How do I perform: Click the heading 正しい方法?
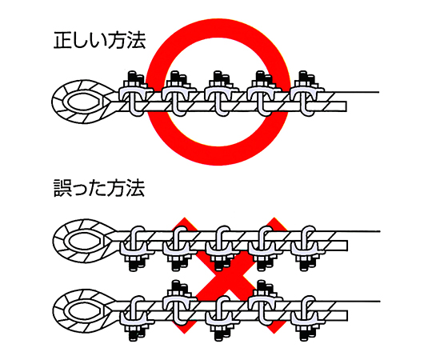tap(99, 41)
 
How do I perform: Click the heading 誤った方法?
tap(99, 189)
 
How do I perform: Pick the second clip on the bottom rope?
tap(179, 302)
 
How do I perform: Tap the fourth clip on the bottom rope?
tap(265, 302)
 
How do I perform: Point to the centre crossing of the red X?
tap(229, 276)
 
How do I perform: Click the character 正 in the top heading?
tap(62, 41)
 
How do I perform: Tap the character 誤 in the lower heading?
tap(62, 189)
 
